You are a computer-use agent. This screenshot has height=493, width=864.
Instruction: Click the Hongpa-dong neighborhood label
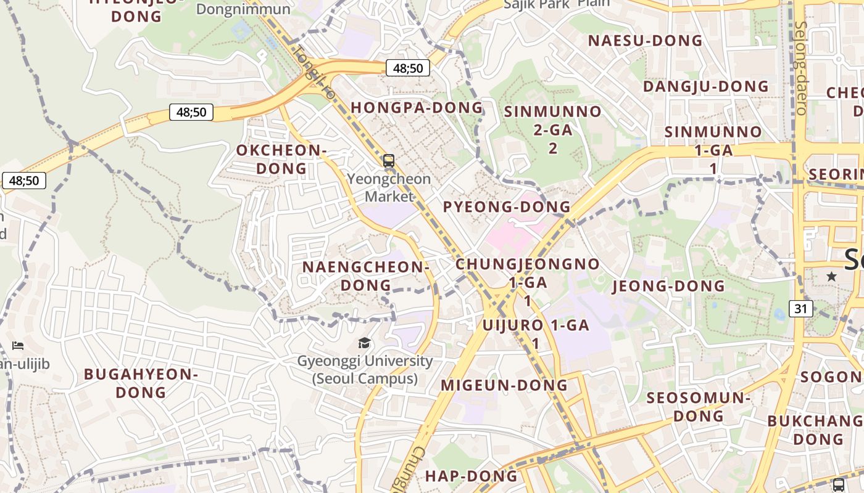[417, 107]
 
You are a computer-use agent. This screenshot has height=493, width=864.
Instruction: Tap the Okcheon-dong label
[281, 159]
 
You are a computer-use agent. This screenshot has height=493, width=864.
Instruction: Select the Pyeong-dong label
[507, 206]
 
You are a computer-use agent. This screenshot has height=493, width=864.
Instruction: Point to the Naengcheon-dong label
[365, 276]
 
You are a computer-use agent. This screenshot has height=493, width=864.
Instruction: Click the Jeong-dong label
[668, 286]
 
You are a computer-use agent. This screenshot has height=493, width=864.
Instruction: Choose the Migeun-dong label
[504, 385]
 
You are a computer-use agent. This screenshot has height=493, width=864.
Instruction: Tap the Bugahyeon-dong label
[141, 383]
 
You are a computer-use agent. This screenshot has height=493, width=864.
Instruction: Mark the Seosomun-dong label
[698, 407]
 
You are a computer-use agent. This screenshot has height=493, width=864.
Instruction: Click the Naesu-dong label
[645, 41]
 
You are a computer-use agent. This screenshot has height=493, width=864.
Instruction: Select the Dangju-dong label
[706, 86]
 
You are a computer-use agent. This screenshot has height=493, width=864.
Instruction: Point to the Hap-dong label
[471, 476]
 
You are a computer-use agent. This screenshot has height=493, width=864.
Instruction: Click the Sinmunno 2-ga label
[552, 129]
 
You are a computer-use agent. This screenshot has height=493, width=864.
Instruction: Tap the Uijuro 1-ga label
[536, 333]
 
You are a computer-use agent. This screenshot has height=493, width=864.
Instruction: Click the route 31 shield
[800, 308]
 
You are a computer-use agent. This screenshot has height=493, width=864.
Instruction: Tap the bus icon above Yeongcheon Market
[388, 161]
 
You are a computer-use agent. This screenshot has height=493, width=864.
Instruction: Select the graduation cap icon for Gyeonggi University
[365, 343]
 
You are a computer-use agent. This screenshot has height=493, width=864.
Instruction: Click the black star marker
[831, 277]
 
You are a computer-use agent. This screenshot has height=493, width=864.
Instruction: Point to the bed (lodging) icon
[18, 346]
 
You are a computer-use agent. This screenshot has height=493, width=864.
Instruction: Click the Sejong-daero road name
[801, 68]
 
